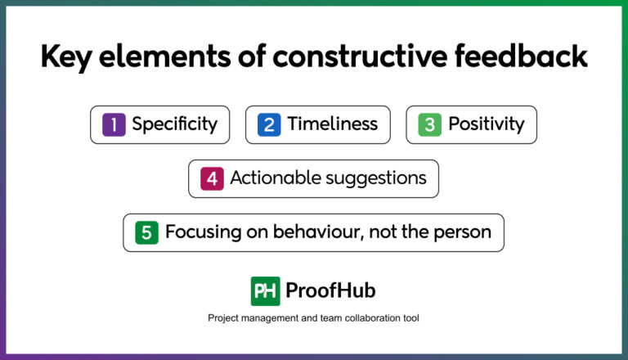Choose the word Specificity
(174, 124)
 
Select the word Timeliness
(332, 124)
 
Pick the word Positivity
(486, 124)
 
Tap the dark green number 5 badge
(146, 232)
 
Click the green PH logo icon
(265, 290)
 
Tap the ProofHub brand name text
(331, 290)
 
